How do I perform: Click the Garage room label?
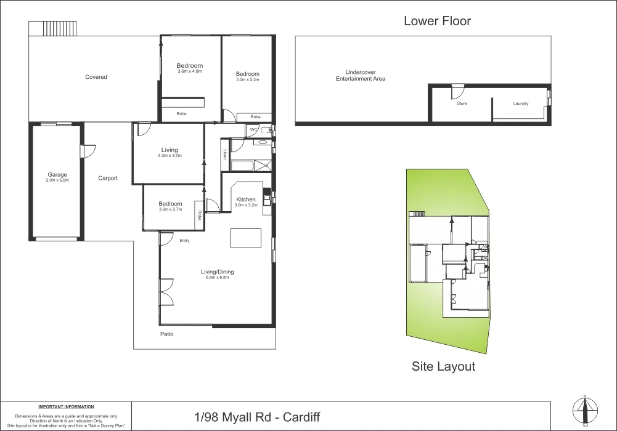tap(57, 175)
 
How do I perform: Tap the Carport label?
tap(107, 179)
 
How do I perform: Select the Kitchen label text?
tap(246, 199)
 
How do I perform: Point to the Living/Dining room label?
tap(218, 272)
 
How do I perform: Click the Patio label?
tap(166, 334)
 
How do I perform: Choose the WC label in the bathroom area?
tap(253, 129)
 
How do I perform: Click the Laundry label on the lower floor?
tap(521, 103)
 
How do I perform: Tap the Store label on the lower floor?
tap(462, 103)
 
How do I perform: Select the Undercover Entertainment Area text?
tap(361, 76)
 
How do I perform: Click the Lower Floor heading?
tap(437, 21)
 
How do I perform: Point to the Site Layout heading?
tap(443, 366)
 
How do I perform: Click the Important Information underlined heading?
tap(66, 407)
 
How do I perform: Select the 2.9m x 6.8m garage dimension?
tap(57, 180)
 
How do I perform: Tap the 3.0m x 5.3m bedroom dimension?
tap(247, 79)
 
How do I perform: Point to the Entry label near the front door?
tap(184, 241)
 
